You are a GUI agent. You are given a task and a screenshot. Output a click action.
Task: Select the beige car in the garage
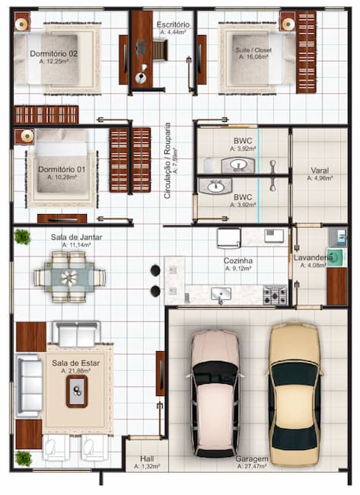click(x=294, y=394)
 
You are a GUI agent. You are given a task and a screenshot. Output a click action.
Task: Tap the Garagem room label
click(x=251, y=459)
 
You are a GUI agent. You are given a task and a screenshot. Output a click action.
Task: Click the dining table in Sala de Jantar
click(x=69, y=277)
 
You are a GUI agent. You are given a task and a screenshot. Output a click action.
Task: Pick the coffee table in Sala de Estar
click(x=77, y=391)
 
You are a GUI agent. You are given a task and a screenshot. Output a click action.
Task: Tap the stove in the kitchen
click(x=275, y=294)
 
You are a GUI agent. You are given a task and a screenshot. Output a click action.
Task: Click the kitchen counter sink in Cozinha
click(x=221, y=293)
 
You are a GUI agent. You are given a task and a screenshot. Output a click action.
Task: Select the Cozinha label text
click(x=237, y=260)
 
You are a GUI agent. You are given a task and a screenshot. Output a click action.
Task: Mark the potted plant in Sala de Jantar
click(x=23, y=237)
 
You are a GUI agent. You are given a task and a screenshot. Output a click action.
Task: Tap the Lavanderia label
click(x=313, y=258)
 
